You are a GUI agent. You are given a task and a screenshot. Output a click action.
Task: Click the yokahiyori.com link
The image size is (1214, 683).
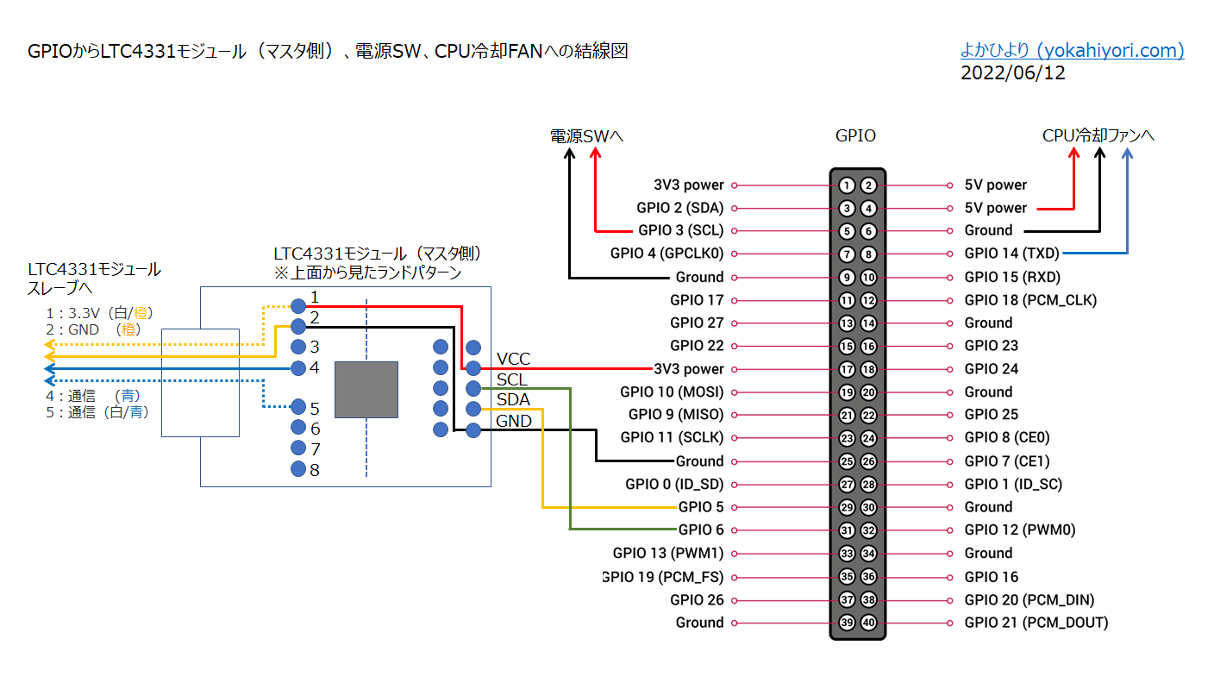[x=1072, y=51]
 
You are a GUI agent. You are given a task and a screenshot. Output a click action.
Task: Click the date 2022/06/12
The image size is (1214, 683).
[x=1012, y=73]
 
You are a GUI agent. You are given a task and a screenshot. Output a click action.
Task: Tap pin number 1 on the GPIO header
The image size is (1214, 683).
[x=847, y=185]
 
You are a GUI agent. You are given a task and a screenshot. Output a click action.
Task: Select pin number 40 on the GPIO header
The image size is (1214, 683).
[x=868, y=623]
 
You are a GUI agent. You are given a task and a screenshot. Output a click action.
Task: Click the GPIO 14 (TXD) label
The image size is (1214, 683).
[x=1011, y=254]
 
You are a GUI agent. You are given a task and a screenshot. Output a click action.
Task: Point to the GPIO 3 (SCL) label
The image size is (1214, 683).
[x=680, y=231]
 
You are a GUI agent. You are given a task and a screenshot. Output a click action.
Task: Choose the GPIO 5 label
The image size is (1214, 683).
[x=701, y=507]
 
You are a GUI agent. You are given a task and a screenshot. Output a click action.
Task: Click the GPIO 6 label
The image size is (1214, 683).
[x=701, y=530]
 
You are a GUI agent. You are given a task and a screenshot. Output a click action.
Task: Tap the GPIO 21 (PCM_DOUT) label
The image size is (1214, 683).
[x=1036, y=623]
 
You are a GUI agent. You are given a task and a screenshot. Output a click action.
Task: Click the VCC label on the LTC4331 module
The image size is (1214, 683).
[x=513, y=360]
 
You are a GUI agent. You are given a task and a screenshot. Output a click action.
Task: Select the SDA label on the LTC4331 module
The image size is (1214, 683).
[x=513, y=400]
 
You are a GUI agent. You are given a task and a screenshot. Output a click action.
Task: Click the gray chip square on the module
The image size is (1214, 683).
[x=366, y=390]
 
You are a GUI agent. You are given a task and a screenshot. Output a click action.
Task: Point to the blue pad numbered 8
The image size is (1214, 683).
[x=298, y=469]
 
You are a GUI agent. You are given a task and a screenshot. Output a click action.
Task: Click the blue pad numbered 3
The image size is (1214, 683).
[x=298, y=347]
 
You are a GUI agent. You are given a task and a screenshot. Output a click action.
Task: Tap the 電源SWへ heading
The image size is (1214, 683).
[x=586, y=135]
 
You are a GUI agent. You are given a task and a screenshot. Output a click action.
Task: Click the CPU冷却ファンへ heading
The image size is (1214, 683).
[x=1098, y=135]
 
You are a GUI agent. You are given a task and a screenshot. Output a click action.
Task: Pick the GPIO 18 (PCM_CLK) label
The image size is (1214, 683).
[x=1030, y=300]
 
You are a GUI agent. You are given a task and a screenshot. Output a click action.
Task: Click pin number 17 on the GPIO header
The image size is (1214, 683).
[x=847, y=369]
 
